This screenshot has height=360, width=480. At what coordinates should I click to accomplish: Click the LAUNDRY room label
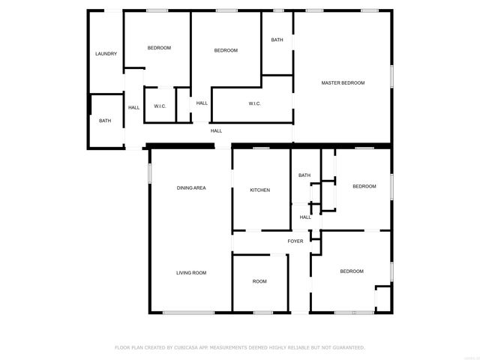coord(106,54)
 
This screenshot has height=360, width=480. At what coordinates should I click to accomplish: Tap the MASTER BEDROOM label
coord(343,82)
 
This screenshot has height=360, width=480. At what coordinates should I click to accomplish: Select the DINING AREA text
coord(191,187)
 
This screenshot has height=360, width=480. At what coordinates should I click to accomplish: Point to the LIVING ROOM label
coord(191,272)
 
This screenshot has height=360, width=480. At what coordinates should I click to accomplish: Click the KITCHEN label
coord(259,190)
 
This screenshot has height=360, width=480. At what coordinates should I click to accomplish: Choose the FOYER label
coord(295,241)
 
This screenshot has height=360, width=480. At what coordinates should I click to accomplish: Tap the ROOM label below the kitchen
coord(259,281)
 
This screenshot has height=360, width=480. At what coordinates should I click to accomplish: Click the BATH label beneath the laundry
coord(105,121)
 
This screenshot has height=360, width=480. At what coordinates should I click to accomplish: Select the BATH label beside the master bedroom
coord(277,40)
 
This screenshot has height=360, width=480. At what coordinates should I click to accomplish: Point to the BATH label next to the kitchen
coord(304,175)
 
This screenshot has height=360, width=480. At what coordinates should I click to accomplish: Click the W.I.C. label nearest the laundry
coord(160,106)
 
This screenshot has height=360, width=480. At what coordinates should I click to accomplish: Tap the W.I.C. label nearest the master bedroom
coord(254,103)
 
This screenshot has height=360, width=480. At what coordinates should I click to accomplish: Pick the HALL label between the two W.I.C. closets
coord(202,103)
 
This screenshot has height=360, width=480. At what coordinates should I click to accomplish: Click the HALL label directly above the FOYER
coord(305,217)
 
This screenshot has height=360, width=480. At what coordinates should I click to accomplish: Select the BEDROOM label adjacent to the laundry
coord(159,48)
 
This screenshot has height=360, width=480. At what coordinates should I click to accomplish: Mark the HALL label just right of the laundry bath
coord(133,107)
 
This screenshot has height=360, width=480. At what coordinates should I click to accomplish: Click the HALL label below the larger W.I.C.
coord(216,130)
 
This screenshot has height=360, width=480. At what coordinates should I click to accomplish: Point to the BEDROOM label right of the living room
coord(351,271)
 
